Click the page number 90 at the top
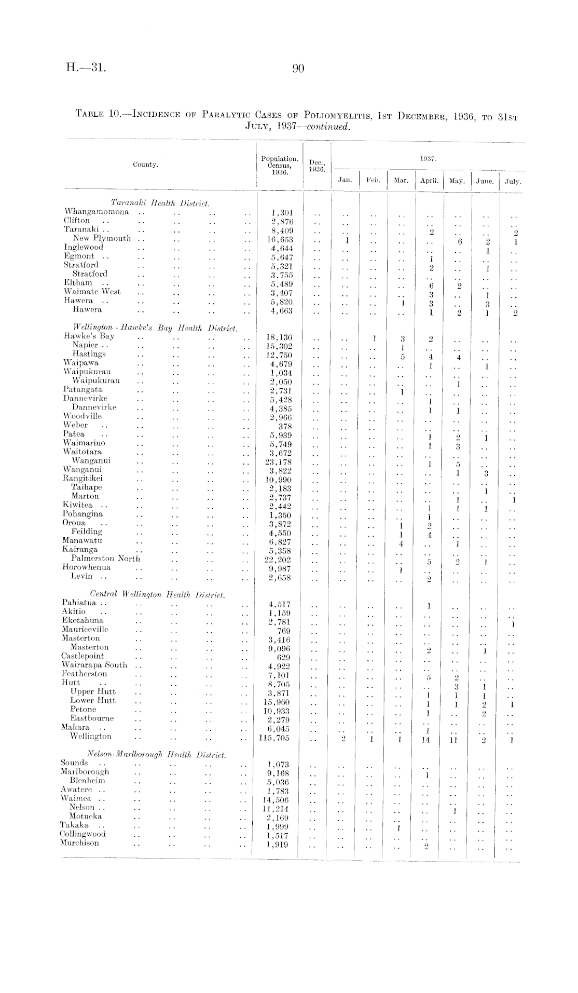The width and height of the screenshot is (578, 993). click(298, 68)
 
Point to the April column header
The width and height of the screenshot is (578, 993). click(430, 181)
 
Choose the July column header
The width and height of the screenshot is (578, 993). click(513, 182)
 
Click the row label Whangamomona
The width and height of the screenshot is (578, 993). click(97, 212)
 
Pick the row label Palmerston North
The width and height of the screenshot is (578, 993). click(106, 559)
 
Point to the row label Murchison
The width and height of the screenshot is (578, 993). click(79, 842)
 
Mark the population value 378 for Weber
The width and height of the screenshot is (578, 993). click(285, 427)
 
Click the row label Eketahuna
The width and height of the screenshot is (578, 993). click(82, 620)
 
